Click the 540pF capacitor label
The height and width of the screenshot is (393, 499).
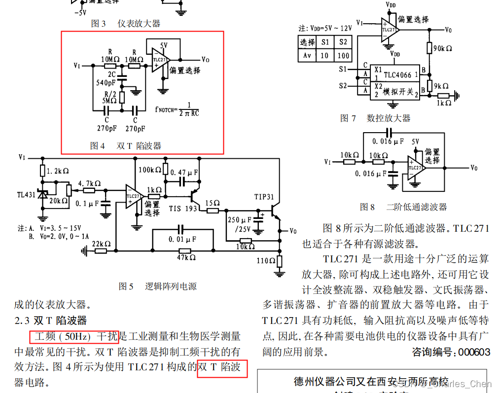pos(106,83)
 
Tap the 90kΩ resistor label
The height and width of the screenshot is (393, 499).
pos(442,48)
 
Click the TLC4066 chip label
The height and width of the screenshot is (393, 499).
pos(398,75)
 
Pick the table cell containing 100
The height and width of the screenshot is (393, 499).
pos(343,56)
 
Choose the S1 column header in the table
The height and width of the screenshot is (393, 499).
pos(324,42)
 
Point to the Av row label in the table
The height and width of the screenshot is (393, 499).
pos(307,56)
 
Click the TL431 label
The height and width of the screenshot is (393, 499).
pos(25,194)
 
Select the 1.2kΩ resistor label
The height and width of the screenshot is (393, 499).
pos(58,171)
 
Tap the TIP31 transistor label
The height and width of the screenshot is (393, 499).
pos(264,197)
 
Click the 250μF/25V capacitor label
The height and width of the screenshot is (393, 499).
pos(241,224)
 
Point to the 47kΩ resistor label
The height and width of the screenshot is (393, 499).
pos(186,257)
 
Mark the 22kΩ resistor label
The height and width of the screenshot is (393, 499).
pos(101,244)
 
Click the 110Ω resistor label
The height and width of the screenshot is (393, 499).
pos(266,260)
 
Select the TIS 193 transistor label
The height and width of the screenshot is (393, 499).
pos(183,209)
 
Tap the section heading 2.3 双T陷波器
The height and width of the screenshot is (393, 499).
pos(50,321)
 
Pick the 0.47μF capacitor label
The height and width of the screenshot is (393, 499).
pos(184,173)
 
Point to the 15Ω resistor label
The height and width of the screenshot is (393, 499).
pos(212,203)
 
